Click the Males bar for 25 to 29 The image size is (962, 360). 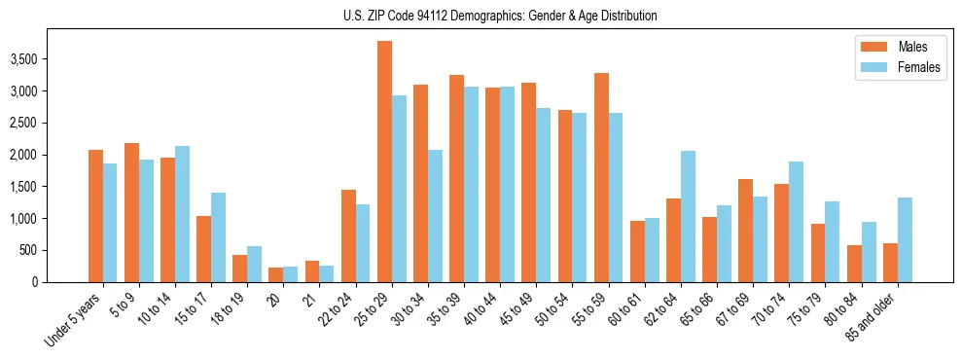[x=384, y=162]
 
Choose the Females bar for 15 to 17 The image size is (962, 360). [x=218, y=237]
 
